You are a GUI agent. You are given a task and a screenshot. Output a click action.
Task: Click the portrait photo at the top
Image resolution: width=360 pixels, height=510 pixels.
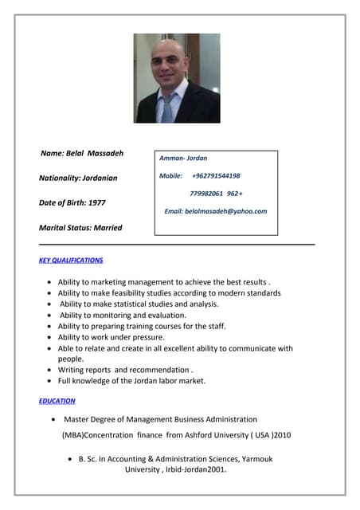coord(177,77)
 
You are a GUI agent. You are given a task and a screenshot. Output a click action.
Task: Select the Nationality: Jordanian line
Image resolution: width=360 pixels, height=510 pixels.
coord(78,178)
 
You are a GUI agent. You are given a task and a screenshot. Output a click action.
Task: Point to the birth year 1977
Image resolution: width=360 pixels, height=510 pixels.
coord(96,202)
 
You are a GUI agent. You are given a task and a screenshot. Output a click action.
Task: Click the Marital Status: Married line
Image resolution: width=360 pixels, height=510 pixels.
coord(80,227)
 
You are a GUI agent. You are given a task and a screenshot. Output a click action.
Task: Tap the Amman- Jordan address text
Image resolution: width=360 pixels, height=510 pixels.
coord(183,159)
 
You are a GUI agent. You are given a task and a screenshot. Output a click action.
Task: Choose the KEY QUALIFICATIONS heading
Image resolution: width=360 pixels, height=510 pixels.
coord(71,261)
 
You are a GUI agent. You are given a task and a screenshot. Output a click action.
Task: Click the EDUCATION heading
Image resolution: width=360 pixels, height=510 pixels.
coord(57,401)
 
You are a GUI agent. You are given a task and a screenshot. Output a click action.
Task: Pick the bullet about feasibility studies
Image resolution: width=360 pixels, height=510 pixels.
coord(169,293)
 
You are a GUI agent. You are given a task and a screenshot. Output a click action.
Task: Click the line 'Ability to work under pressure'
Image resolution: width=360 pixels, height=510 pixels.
coord(111,337)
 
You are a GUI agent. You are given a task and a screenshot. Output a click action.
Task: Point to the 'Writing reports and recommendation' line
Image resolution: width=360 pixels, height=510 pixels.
coord(125,370)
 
